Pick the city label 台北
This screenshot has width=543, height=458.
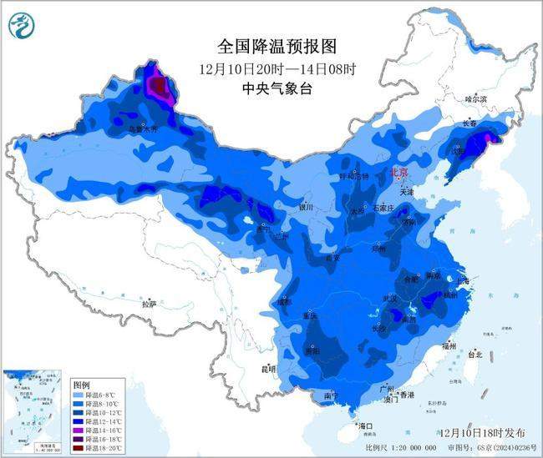click(x=476, y=355)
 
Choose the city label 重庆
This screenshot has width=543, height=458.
click(x=311, y=316)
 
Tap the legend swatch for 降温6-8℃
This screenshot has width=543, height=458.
click(x=80, y=395)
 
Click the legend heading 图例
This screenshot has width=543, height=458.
click(x=83, y=385)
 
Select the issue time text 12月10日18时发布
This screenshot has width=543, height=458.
click(x=481, y=433)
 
